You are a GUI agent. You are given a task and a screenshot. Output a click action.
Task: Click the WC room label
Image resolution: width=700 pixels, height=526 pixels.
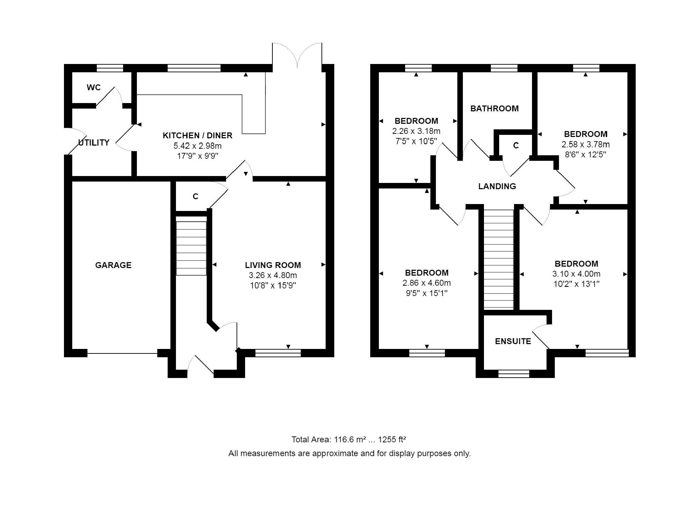[94, 87]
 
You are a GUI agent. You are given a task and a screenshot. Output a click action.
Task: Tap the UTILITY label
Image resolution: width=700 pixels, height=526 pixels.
[94, 142]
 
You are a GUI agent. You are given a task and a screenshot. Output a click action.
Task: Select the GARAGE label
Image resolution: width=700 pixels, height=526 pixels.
[113, 265]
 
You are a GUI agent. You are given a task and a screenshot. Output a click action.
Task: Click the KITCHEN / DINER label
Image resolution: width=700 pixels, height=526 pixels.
[197, 136]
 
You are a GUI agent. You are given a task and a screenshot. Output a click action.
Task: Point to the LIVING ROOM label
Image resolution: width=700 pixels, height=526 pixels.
[273, 265]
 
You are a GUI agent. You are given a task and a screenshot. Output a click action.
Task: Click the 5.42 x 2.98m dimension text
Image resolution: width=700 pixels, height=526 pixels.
[197, 146]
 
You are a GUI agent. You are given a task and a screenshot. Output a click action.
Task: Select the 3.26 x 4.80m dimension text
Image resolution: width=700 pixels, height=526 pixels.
[273, 276]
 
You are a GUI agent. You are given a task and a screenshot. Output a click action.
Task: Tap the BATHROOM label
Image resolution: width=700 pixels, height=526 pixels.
[495, 109]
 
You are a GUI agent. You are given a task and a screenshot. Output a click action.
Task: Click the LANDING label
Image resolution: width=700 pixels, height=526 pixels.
[497, 186]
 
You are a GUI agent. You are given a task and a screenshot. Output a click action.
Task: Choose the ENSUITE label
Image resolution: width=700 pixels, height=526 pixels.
[513, 341]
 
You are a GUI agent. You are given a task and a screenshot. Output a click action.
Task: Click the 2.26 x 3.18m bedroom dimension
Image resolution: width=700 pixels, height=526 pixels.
[416, 131]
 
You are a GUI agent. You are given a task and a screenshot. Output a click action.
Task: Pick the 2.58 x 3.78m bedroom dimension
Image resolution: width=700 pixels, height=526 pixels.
[586, 145]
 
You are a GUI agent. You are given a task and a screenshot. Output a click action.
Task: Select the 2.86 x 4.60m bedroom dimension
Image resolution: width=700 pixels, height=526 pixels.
[427, 283]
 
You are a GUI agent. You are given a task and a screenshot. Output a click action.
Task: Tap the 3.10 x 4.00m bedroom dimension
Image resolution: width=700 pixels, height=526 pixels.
[576, 274]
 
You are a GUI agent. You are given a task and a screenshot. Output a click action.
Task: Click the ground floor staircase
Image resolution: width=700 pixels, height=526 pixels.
[191, 248]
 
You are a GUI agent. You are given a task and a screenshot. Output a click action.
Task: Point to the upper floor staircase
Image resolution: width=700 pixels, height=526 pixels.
[498, 259]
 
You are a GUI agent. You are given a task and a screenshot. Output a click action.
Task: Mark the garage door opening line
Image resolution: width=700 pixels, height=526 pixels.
[122, 353]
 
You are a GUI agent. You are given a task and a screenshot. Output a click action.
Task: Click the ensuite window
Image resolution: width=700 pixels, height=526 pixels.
[514, 374]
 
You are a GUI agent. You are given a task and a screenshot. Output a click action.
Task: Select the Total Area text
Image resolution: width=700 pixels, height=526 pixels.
[348, 440]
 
